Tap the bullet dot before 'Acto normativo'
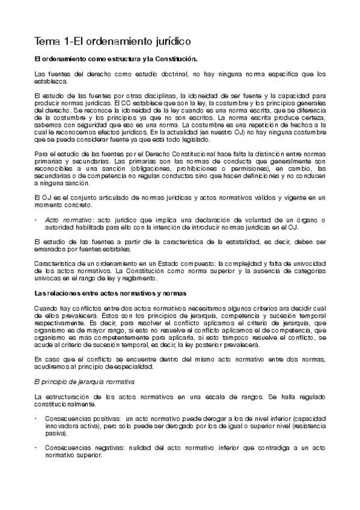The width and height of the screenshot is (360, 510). point(37,220)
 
